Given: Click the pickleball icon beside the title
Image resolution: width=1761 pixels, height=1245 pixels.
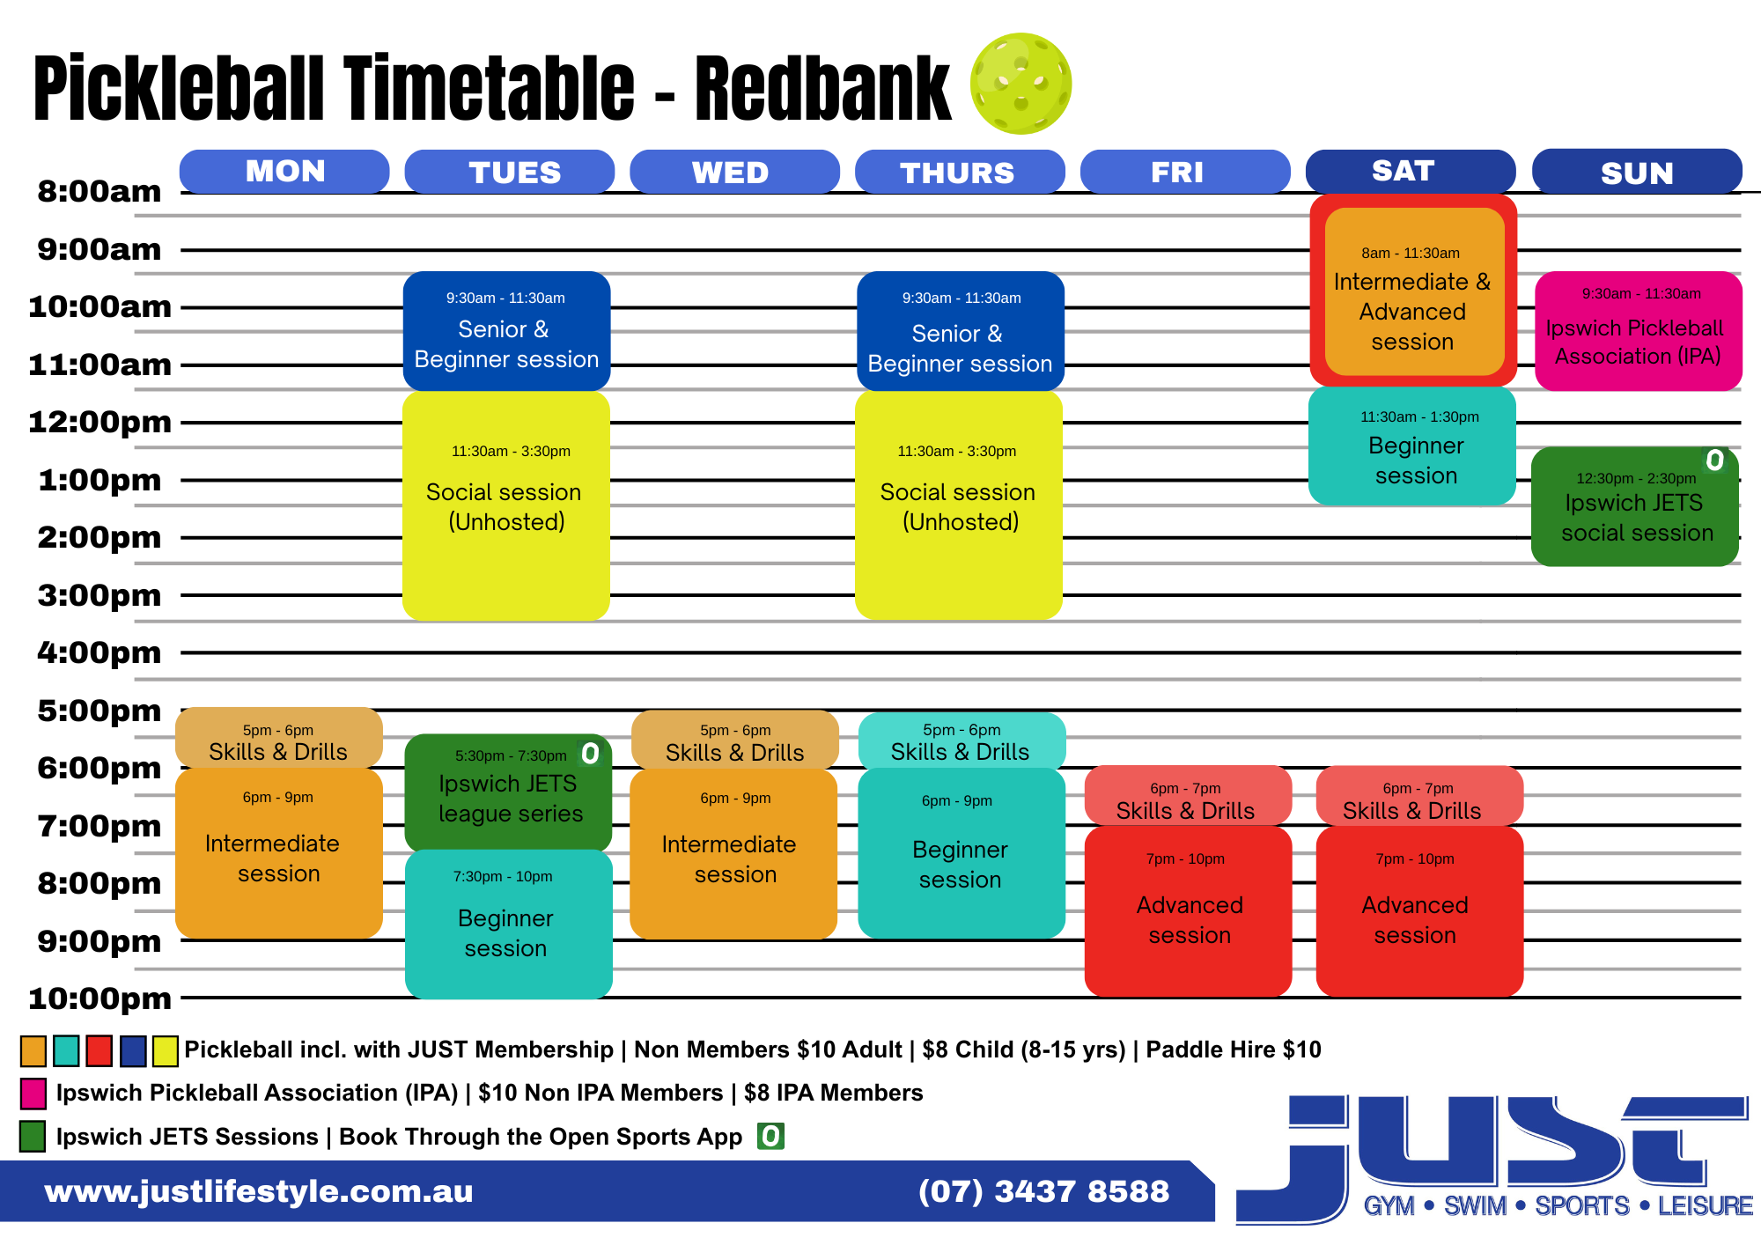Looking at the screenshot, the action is tap(1020, 84).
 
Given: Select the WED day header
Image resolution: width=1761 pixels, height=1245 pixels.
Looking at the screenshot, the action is tap(734, 172).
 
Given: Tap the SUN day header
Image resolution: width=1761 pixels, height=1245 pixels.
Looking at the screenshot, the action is tap(1637, 172).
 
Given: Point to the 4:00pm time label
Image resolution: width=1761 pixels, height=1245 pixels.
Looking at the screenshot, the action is tap(99, 652).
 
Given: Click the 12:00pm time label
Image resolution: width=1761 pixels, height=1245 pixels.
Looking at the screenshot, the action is tap(99, 422).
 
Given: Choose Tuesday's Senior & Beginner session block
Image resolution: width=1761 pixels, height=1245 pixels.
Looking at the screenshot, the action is tap(506, 331).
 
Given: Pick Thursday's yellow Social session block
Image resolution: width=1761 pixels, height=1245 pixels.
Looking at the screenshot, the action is tap(959, 505).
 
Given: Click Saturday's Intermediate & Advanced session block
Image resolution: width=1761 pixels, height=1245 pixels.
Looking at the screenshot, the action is tap(1413, 291).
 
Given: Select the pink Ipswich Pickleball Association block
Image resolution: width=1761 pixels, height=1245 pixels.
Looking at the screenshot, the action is tap(1639, 331).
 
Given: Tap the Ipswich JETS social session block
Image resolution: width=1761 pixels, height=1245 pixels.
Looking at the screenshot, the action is tap(1635, 506).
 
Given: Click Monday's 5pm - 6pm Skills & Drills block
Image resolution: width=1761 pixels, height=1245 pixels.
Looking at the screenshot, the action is tap(279, 738).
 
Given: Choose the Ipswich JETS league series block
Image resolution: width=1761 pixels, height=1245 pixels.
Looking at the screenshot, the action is tap(508, 792).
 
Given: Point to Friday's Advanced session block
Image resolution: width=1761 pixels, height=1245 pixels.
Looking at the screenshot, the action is tap(1189, 911).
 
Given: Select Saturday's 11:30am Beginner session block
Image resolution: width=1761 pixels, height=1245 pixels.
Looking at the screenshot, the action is tap(1412, 446).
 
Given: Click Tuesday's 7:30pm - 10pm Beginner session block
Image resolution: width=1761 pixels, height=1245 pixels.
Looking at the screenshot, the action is tap(509, 925).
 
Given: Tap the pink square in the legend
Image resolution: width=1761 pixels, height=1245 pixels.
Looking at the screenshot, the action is tap(33, 1094).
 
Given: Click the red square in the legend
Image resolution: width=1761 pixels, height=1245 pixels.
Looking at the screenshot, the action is tap(99, 1050).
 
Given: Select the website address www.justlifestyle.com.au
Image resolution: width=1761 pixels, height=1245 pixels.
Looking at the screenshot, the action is tap(259, 1191).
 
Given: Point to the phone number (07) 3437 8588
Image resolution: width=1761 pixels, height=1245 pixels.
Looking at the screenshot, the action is tap(1043, 1191).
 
